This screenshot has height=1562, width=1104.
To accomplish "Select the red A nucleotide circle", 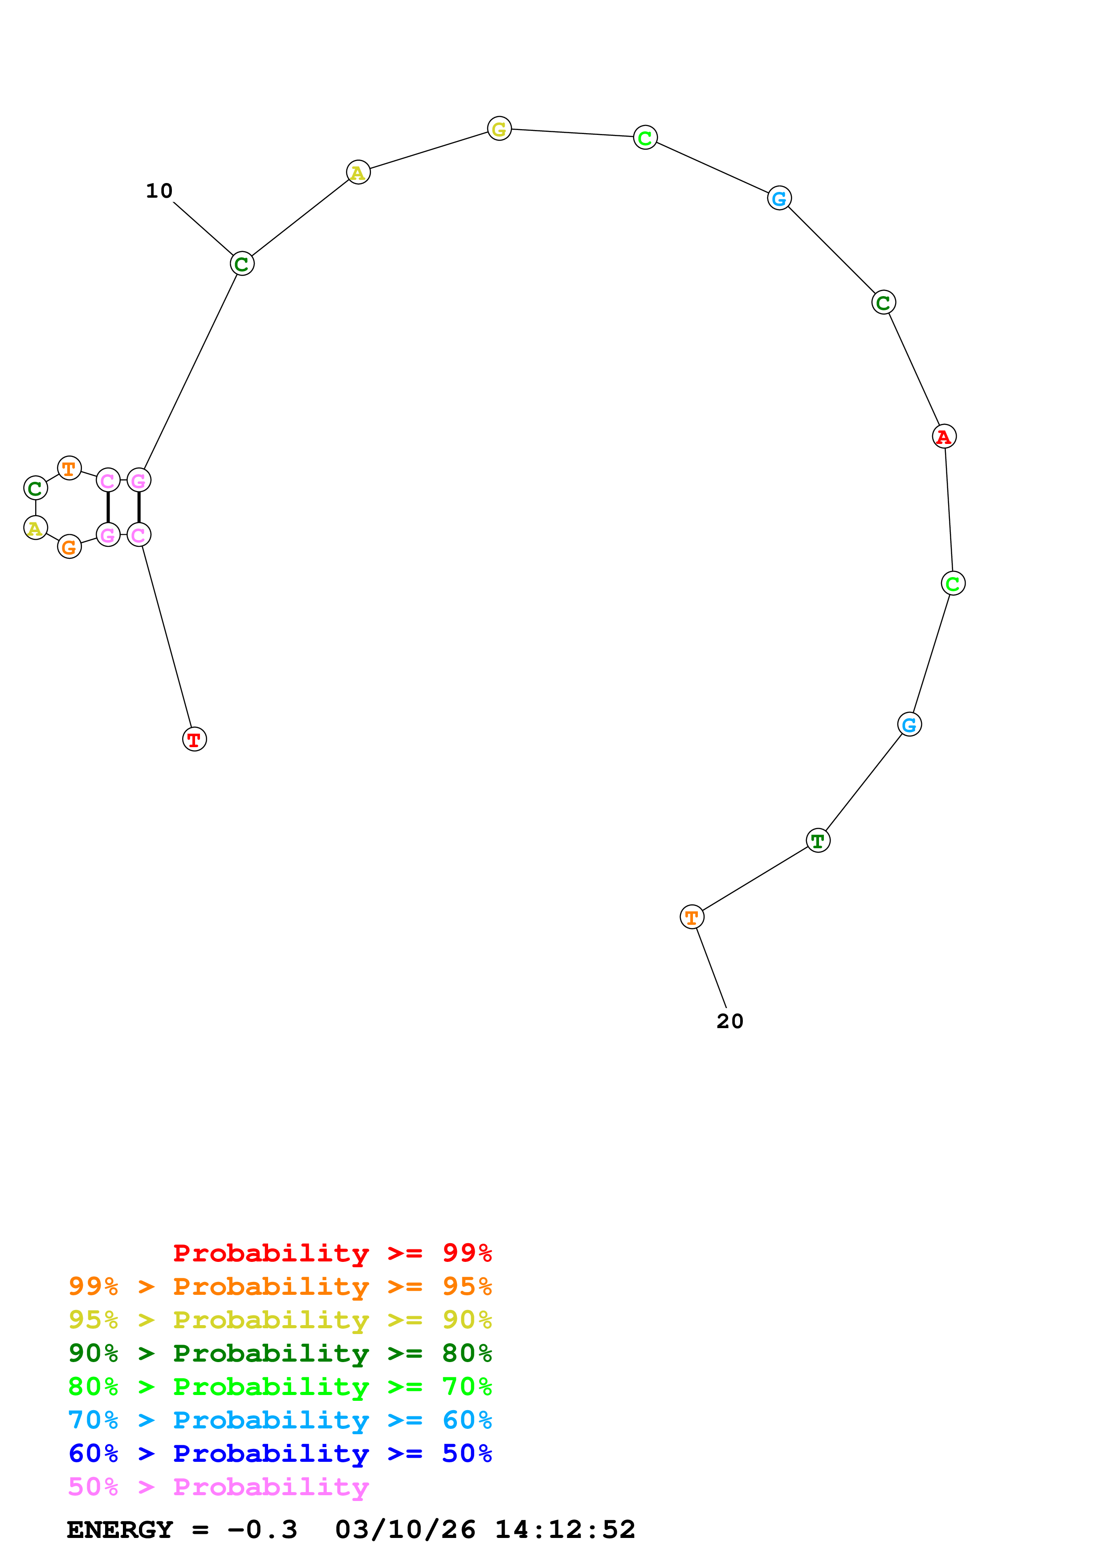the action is [944, 436].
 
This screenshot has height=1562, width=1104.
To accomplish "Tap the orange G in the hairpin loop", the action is [69, 546].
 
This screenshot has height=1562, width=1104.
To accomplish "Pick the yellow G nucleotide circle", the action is [499, 129].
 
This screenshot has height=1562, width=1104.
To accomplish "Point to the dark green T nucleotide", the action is [818, 840].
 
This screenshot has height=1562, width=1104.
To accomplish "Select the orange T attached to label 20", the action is [692, 917].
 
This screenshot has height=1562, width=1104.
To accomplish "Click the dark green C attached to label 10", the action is [242, 264].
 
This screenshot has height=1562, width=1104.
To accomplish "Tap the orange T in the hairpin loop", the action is [69, 468].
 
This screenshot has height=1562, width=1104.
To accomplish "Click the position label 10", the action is [159, 191].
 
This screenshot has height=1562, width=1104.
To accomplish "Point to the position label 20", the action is [730, 1021].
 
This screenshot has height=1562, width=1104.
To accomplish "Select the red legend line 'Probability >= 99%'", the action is [332, 1253].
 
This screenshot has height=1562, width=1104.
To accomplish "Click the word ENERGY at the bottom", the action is [120, 1529].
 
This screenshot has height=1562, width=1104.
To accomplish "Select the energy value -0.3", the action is [263, 1529].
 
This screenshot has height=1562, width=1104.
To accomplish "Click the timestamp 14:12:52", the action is [565, 1529].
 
